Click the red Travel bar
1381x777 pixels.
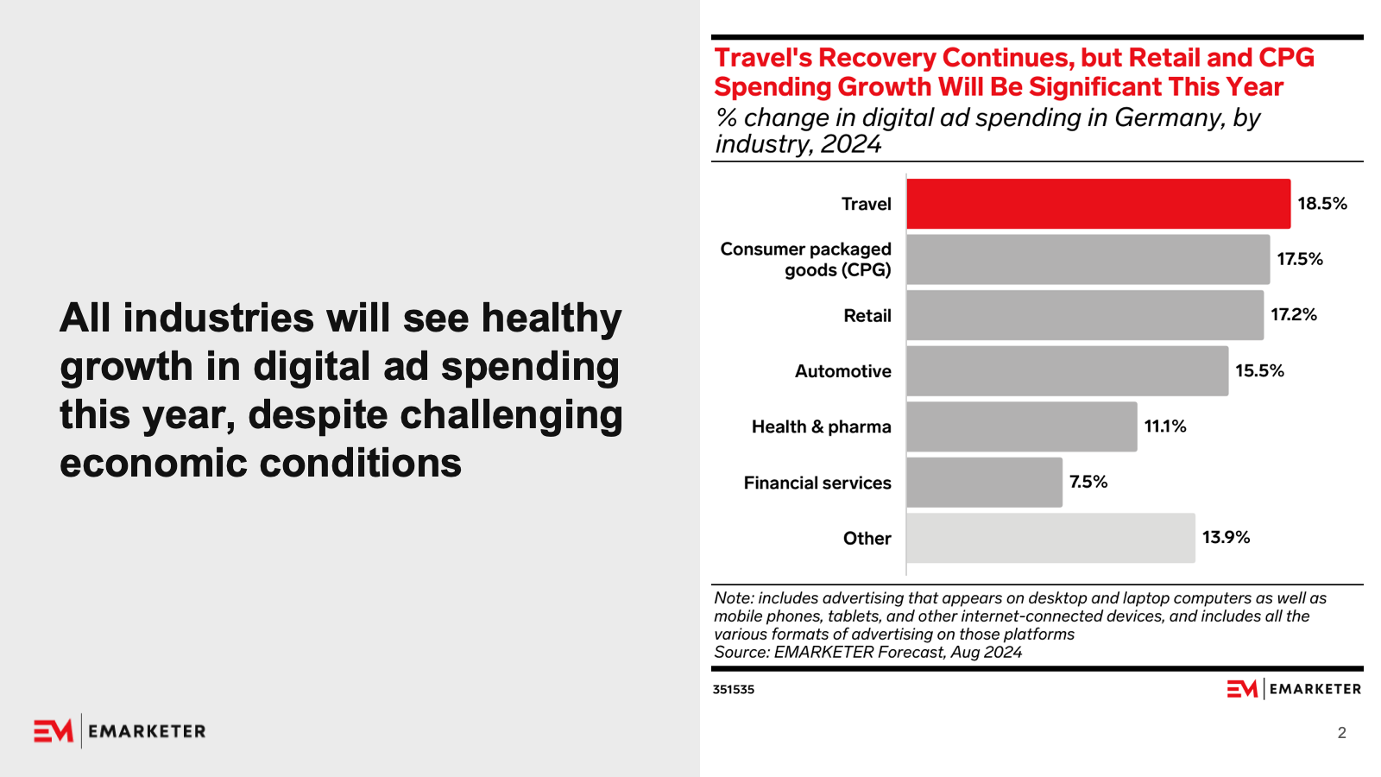click(x=1098, y=204)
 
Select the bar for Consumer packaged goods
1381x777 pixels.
click(x=1088, y=259)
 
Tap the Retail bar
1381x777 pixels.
click(x=1084, y=315)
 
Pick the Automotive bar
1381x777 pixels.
click(x=1067, y=371)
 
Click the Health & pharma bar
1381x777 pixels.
click(x=1021, y=426)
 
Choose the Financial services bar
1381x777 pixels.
click(x=984, y=483)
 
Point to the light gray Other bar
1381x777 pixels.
click(x=1050, y=538)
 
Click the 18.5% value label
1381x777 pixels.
click(x=1321, y=204)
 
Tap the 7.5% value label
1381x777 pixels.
click(x=1088, y=482)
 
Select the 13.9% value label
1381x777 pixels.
click(x=1226, y=537)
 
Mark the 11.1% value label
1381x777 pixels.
click(x=1164, y=426)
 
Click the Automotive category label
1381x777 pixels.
click(x=842, y=371)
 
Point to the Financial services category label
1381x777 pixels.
click(x=817, y=483)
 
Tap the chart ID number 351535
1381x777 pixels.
click(x=733, y=690)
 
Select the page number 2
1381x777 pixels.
click(x=1341, y=733)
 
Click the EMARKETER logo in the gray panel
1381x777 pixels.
click(x=120, y=731)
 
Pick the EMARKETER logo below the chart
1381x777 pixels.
click(x=1294, y=689)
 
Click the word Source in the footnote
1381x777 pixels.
click(x=741, y=653)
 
